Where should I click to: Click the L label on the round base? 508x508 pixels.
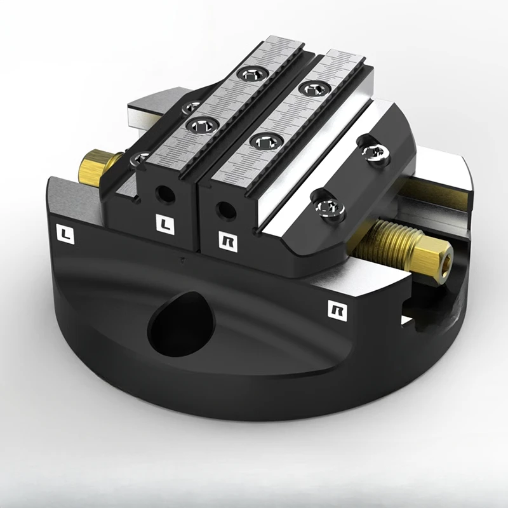(65, 234)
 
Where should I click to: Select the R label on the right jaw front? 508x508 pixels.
(227, 241)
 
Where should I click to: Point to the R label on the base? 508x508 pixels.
(335, 309)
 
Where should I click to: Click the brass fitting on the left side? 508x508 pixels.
(96, 167)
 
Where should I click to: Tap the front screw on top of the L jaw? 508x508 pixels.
(202, 124)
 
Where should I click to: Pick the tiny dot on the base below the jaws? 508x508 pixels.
(183, 260)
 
